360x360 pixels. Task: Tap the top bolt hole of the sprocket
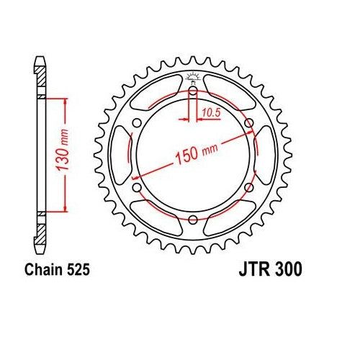point(193,91)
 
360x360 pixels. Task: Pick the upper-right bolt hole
point(248,123)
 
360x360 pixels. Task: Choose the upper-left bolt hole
point(138,123)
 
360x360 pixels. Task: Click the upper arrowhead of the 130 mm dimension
point(67,102)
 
